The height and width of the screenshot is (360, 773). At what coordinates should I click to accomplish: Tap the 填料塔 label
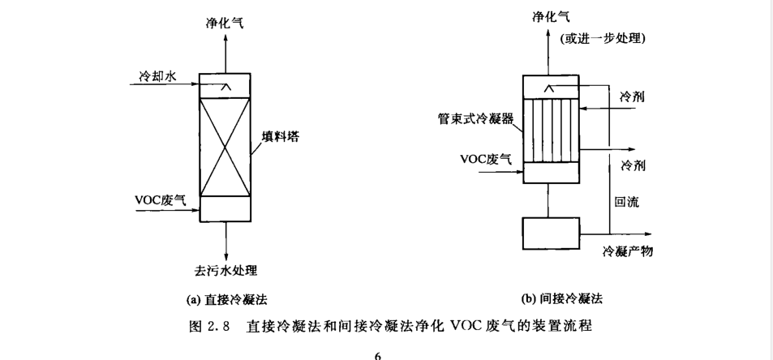tap(281, 136)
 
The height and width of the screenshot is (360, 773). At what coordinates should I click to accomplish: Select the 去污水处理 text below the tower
tap(225, 270)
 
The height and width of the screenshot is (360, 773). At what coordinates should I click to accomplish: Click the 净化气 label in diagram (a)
tap(225, 23)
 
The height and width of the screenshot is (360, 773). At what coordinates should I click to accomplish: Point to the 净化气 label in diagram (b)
tap(551, 17)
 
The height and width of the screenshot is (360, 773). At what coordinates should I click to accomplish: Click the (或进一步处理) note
tap(603, 38)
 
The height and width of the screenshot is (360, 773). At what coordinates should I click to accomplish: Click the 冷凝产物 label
tap(628, 251)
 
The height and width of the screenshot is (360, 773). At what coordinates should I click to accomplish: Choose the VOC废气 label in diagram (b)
tap(486, 159)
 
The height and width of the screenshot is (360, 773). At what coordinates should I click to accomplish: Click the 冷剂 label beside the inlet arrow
tap(633, 97)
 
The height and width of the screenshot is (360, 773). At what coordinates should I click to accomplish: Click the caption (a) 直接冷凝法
tap(227, 299)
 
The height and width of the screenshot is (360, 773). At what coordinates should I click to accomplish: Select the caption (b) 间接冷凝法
tap(561, 298)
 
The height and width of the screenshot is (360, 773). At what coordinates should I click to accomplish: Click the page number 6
tap(378, 356)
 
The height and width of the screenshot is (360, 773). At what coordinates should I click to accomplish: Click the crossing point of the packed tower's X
tap(225, 147)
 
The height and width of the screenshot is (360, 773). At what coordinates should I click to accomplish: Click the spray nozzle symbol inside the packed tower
tap(225, 88)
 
